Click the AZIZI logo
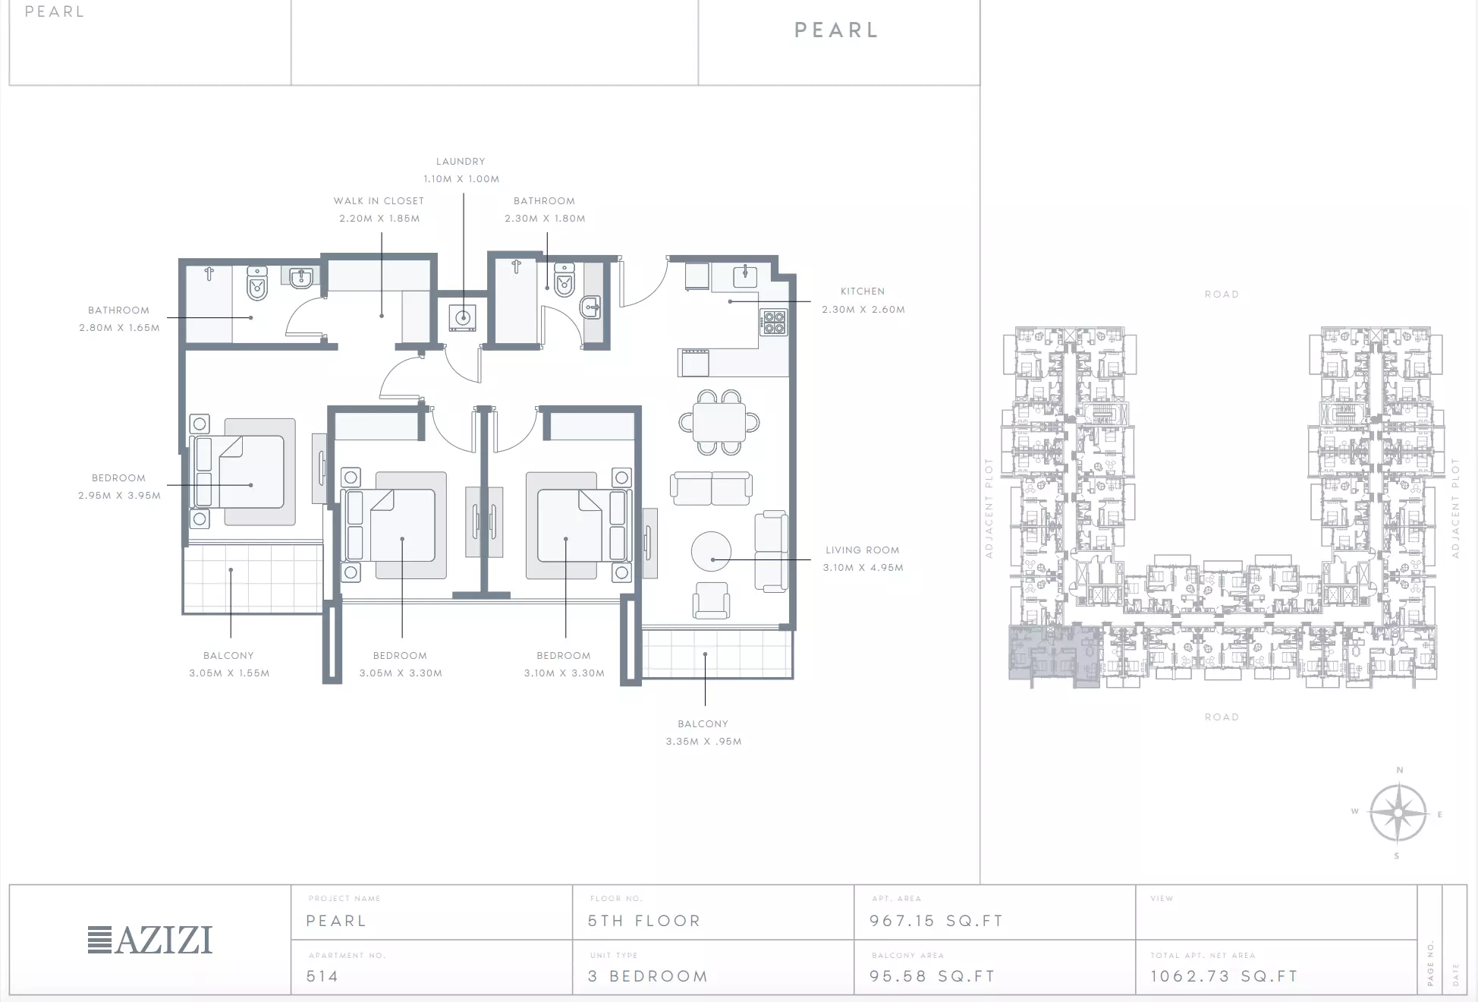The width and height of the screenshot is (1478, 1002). coord(150,940)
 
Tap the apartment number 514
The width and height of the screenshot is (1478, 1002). coord(322,976)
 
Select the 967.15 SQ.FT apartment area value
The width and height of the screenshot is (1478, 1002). coord(936,921)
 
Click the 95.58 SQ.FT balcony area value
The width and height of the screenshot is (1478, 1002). coord(932,976)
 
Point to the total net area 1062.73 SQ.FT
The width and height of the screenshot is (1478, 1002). coord(1224,976)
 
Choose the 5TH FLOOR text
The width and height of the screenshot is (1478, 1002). coord(644,921)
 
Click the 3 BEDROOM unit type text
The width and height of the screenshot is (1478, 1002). coord(648,976)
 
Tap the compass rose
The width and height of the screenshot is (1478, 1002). coord(1398,813)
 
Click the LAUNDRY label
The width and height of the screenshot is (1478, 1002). coord(461,162)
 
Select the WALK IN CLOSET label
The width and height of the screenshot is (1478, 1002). coord(379,201)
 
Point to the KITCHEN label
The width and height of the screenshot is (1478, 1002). coord(863,291)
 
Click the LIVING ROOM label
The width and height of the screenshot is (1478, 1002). coord(863,550)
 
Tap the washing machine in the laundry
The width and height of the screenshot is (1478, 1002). coord(463,317)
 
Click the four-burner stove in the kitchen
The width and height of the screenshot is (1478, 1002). coord(773,322)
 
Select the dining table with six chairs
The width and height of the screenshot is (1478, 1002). coord(719,422)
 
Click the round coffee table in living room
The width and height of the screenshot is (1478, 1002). coord(712,550)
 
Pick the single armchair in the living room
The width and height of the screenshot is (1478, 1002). coord(711,600)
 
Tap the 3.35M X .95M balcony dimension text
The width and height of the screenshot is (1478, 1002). coord(704,742)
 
